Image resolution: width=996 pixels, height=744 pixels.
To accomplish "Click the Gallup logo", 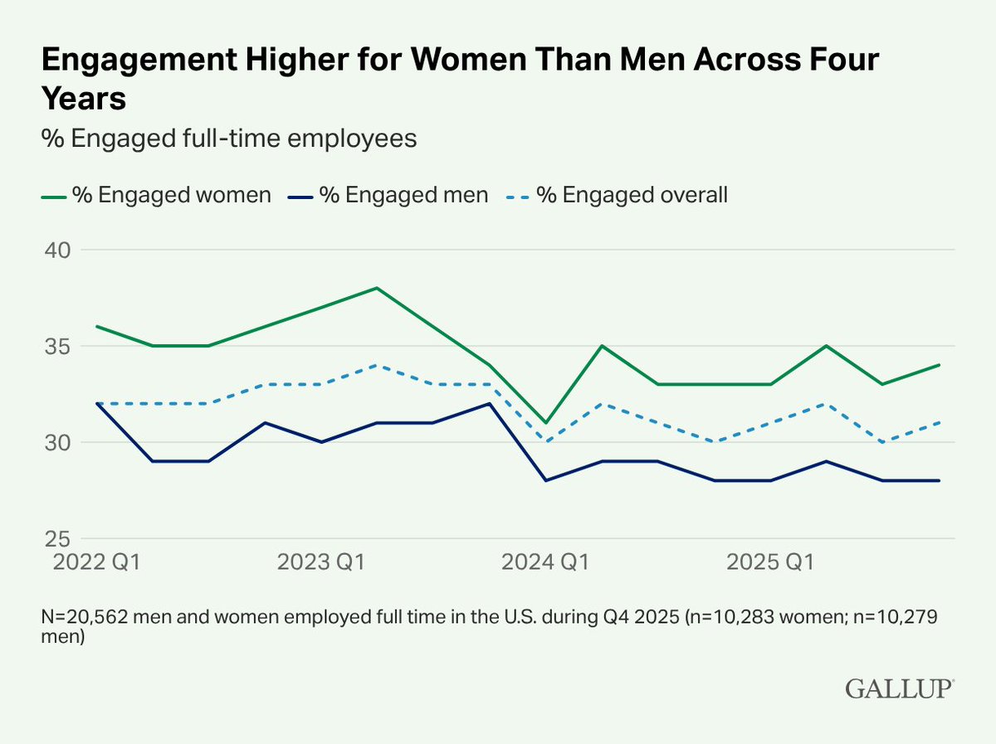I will point(900,688).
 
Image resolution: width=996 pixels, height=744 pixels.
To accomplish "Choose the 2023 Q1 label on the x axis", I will point(321,562).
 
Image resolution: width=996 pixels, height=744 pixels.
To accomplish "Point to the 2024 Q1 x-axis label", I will point(545,562).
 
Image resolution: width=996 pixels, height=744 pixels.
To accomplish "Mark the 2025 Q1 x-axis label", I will point(769,562).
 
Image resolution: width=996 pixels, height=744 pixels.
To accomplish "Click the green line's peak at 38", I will point(377,288).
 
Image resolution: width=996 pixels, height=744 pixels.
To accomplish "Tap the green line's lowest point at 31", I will point(545,423).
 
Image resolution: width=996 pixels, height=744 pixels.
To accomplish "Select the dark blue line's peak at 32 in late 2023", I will point(490,403).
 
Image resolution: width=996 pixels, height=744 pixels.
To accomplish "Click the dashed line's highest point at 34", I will point(377,365).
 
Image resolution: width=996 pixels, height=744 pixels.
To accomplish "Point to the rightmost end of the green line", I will point(939,365).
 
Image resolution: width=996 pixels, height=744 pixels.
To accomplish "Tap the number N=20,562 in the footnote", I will point(82,619).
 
